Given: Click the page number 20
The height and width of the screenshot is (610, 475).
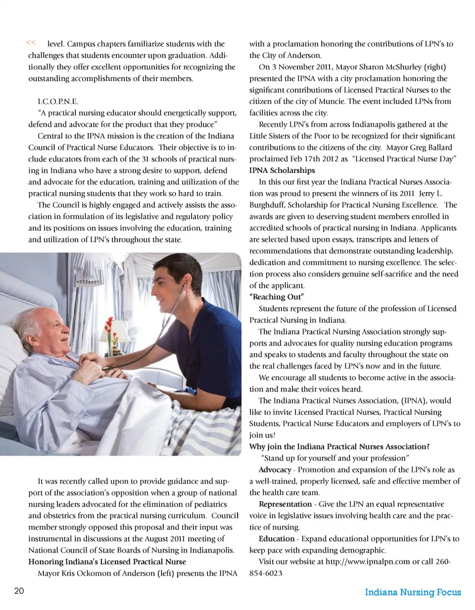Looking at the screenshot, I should point(19,591).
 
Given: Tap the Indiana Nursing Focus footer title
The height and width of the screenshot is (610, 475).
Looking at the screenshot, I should point(413,592).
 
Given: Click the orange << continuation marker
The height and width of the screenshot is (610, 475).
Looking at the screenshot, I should point(30,43).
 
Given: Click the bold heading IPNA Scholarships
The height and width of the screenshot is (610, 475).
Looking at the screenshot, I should point(282,170).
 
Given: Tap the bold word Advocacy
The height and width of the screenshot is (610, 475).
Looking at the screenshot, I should point(275,469).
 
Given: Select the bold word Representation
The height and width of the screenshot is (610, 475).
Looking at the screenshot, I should point(285,504).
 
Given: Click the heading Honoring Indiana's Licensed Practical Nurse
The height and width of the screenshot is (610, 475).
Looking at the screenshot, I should point(107,561).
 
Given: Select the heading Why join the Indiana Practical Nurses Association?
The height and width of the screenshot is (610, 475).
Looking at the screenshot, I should point(339,446).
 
